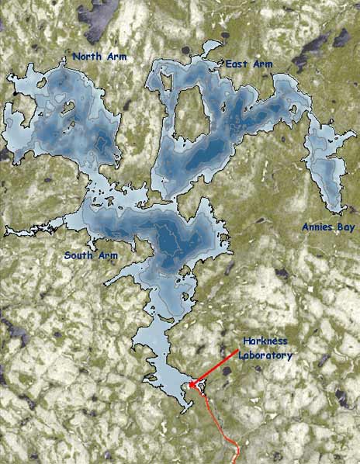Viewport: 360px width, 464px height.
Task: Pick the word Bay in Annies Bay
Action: pyautogui.click(x=343, y=227)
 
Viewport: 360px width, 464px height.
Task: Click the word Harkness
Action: pyautogui.click(x=266, y=342)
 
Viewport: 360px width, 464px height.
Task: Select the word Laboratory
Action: pyautogui.click(x=266, y=355)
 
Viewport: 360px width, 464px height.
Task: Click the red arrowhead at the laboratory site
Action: pyautogui.click(x=192, y=383)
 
